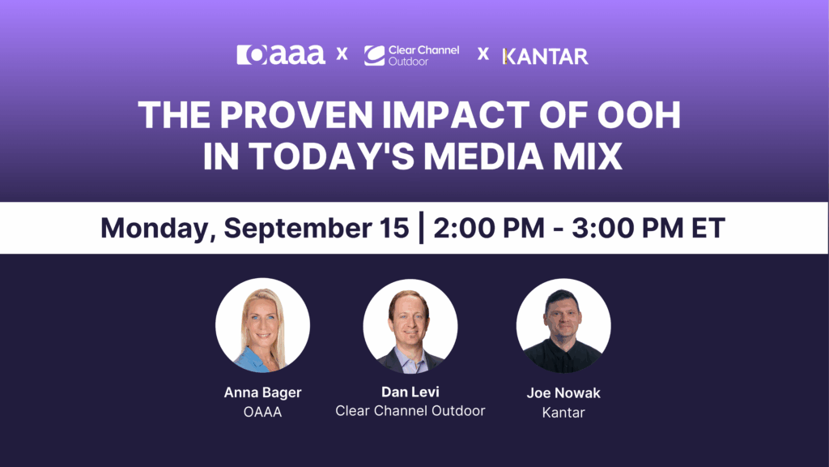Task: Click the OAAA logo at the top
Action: [x=281, y=55]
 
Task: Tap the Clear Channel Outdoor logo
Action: [x=411, y=55]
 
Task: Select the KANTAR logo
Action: [x=545, y=56]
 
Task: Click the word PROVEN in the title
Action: [x=287, y=117]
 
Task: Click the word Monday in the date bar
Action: [x=155, y=228]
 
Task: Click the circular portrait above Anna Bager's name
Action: [x=262, y=325]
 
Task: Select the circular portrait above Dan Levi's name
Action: [x=410, y=325]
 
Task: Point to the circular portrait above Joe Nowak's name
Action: [x=563, y=325]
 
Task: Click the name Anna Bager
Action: [x=262, y=393]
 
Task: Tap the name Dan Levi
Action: [x=410, y=392]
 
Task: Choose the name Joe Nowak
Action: [x=563, y=394]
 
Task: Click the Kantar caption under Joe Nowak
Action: [x=563, y=413]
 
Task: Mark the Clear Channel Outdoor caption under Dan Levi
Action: [x=410, y=411]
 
